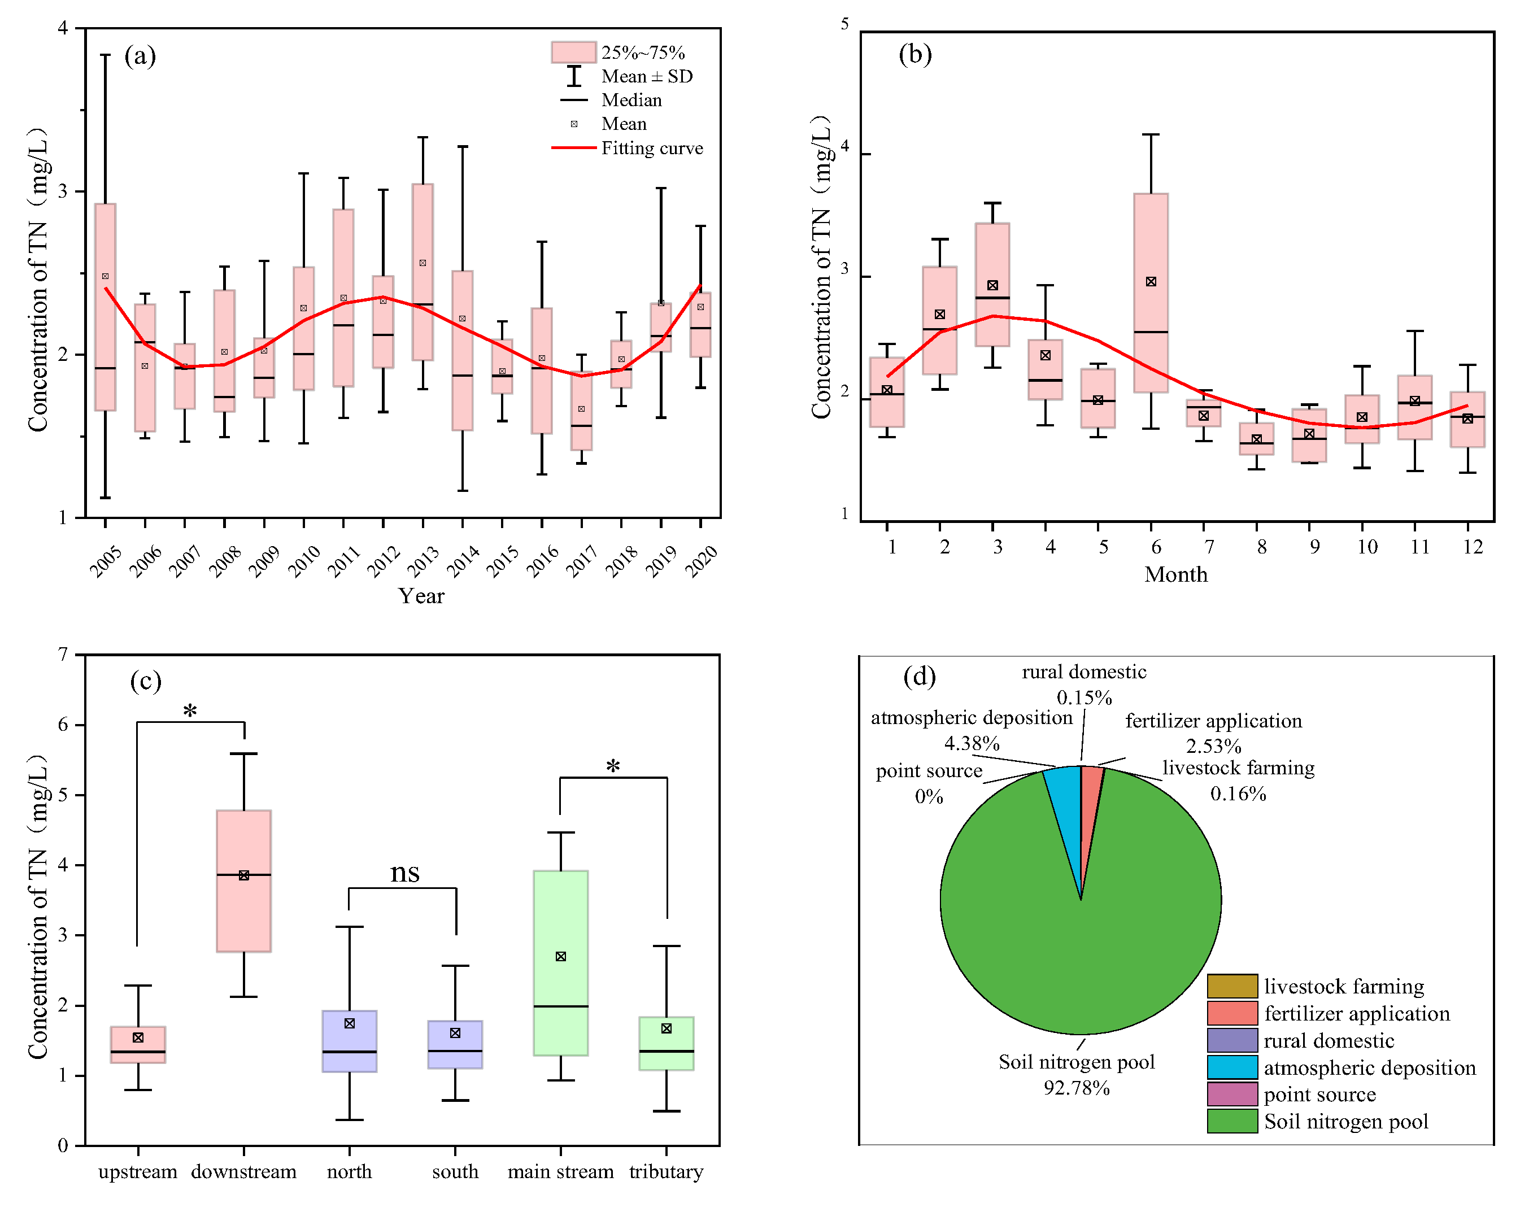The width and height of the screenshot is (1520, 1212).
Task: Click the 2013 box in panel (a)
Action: (423, 272)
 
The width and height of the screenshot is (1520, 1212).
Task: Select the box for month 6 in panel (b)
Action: (1151, 293)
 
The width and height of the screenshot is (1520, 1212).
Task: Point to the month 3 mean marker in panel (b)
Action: (992, 286)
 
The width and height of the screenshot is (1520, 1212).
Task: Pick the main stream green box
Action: (560, 962)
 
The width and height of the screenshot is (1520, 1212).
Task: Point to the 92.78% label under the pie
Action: (1077, 1088)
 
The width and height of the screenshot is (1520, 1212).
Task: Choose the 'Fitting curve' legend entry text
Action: (652, 148)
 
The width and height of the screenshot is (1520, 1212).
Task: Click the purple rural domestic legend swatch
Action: (1232, 1040)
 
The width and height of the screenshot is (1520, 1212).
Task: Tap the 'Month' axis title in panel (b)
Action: (1175, 574)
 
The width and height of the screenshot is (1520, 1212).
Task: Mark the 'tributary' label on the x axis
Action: (666, 1172)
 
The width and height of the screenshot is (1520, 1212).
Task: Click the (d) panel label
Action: (920, 677)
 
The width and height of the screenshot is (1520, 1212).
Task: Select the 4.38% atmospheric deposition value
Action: (972, 743)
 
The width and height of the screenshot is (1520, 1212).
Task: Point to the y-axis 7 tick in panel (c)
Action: (63, 655)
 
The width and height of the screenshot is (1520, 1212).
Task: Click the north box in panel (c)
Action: (349, 1041)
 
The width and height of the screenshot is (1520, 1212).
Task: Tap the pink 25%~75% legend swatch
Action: (573, 52)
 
